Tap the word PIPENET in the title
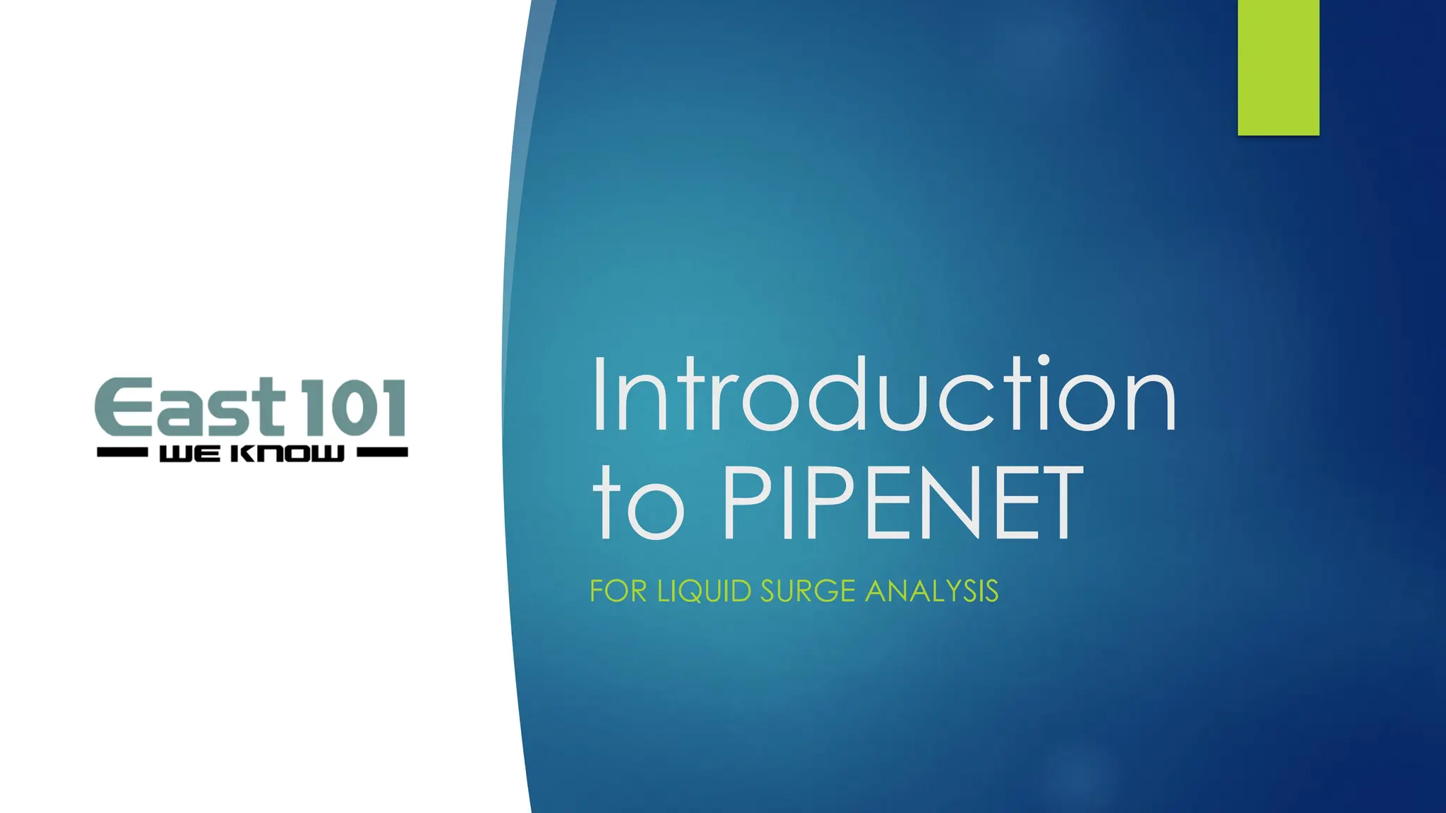tap(902, 502)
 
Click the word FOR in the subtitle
tap(618, 591)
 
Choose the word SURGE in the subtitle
tap(808, 591)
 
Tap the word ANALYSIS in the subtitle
tap(931, 591)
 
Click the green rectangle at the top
tap(1278, 68)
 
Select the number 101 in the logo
tap(353, 407)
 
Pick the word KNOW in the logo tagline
tap(288, 454)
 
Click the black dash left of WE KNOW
tap(121, 452)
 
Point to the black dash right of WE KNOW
tap(382, 452)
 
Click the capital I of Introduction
tap(600, 395)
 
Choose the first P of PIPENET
tap(751, 502)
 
